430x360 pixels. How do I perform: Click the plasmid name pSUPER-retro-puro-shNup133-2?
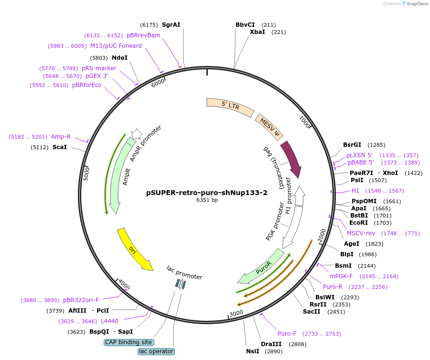pyautogui.click(x=206, y=193)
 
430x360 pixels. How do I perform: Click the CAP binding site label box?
pyautogui.click(x=129, y=342)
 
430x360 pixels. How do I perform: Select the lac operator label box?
pyautogui.click(x=156, y=351)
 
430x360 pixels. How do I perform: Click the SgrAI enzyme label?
pyautogui.click(x=171, y=24)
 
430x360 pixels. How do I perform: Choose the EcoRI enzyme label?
pyautogui.click(x=358, y=222)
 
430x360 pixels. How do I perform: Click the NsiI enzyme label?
pyautogui.click(x=253, y=351)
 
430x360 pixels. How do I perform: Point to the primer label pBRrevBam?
pyautogui.click(x=143, y=35)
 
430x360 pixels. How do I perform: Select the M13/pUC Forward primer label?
pyautogui.click(x=116, y=46)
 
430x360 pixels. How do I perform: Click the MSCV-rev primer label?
pyautogui.click(x=361, y=233)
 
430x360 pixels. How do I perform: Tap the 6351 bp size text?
pyautogui.click(x=207, y=200)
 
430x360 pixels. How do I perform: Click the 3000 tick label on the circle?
pyautogui.click(x=236, y=314)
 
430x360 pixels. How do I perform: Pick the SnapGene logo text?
pyautogui.click(x=417, y=4)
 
